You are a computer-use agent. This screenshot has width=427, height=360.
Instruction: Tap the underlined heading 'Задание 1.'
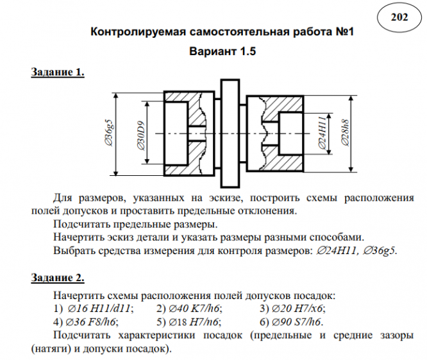click(58, 73)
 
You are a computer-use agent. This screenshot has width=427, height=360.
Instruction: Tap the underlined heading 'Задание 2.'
click(58, 278)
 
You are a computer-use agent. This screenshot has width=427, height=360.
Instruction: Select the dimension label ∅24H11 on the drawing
click(322, 133)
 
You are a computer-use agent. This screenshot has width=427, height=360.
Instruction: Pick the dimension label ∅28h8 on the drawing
click(346, 133)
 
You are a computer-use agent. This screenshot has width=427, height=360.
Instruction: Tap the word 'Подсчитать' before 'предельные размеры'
click(78, 224)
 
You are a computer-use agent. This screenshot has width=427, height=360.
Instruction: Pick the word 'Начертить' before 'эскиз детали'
click(76, 237)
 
